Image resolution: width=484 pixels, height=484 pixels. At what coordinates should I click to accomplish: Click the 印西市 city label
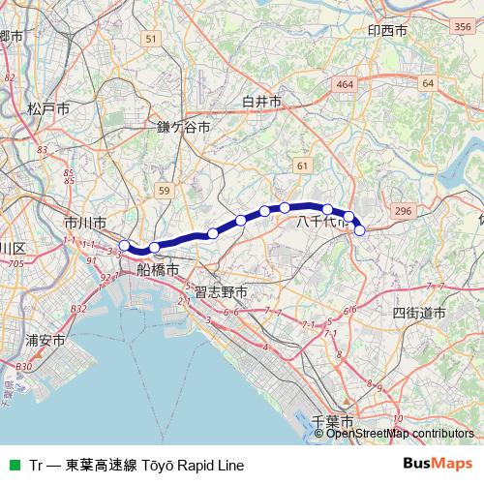387,30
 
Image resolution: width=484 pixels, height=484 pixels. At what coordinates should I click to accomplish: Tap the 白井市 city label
261,101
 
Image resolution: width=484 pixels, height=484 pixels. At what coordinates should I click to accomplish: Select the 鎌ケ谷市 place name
183,126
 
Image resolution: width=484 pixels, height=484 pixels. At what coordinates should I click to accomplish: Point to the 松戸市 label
47,108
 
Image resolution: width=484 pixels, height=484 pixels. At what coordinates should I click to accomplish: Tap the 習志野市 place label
221,291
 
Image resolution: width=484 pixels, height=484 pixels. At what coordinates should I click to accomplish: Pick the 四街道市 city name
419,313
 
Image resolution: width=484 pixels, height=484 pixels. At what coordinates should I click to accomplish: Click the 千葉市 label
334,422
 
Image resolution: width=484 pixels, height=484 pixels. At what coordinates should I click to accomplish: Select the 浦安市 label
45,341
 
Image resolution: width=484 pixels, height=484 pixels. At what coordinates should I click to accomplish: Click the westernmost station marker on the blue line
124,244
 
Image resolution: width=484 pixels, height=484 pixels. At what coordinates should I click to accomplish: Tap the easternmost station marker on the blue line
360,230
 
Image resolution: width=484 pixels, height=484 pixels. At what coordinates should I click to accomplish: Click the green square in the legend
14,465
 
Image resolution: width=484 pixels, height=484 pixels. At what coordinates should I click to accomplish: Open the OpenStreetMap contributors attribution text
400,433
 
